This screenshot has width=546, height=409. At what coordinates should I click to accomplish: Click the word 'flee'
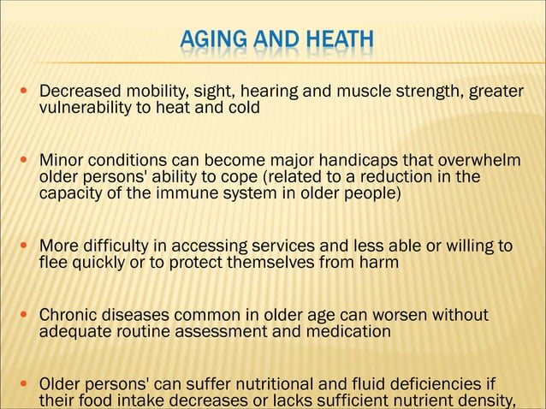coord(53,262)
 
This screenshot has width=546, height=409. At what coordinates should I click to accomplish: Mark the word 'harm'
coord(380,262)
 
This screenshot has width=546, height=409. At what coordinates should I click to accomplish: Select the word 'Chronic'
coord(68,314)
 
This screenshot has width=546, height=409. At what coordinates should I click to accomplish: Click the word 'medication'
coord(349,330)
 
